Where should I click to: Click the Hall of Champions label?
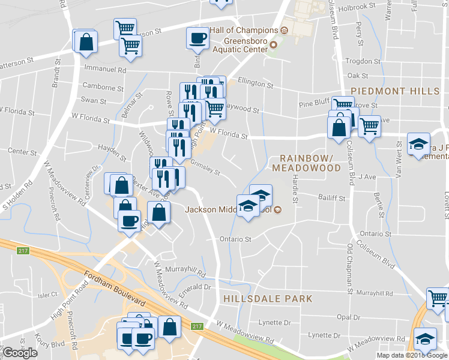243,31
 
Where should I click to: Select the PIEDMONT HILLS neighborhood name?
395,91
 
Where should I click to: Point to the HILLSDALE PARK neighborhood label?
267,298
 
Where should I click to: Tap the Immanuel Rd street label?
106,70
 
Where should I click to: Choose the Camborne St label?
103,87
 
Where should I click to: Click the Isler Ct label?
46,295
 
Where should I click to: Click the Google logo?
20,353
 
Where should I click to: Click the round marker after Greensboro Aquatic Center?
274,45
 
